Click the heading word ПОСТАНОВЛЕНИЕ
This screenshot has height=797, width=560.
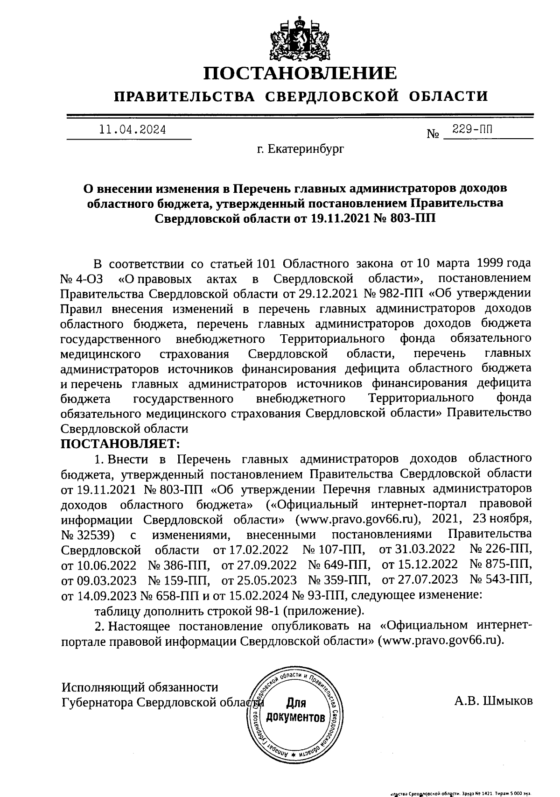click(301, 73)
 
